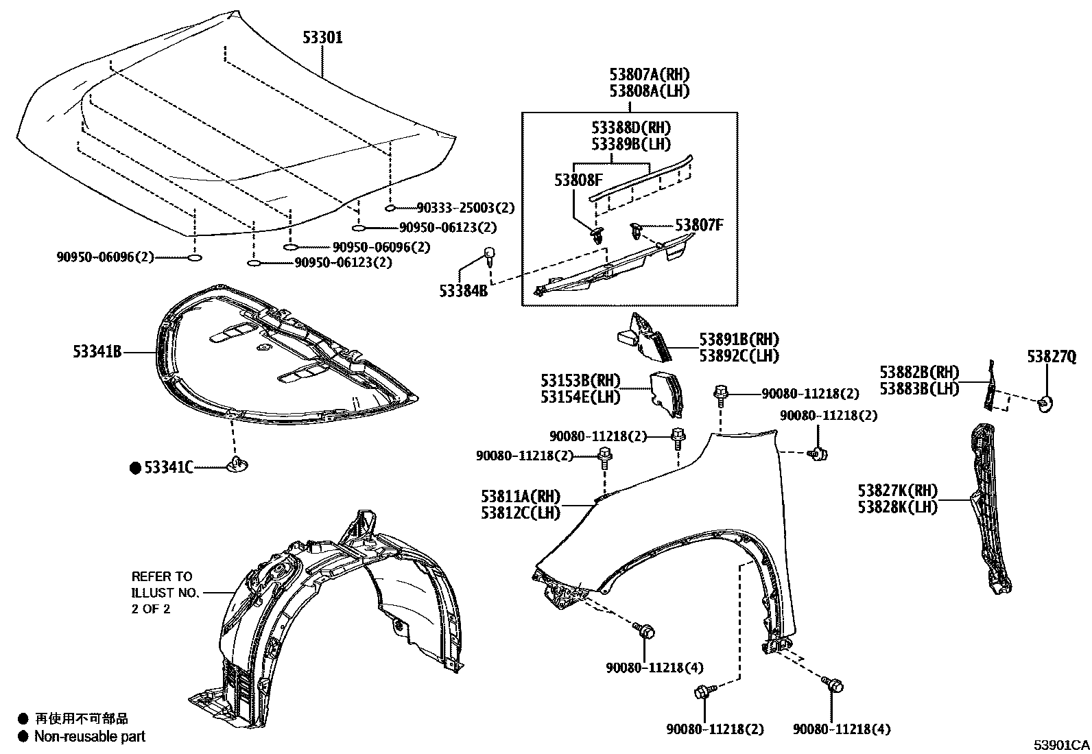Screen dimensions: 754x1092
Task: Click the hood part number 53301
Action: (322, 38)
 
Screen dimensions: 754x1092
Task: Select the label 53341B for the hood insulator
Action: (97, 352)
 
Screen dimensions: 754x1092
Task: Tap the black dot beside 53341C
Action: (135, 468)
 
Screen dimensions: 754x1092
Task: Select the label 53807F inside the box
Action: (699, 224)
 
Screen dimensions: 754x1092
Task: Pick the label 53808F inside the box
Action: (578, 180)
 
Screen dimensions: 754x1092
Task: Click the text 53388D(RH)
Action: (631, 128)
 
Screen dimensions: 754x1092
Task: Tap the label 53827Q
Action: (1051, 356)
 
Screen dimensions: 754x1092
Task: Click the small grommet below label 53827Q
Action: (1045, 404)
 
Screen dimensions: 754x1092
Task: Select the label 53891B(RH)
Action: (739, 339)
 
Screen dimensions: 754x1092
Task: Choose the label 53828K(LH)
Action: (897, 507)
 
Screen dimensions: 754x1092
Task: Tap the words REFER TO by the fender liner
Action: (162, 576)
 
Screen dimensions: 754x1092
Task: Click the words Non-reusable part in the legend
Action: (90, 737)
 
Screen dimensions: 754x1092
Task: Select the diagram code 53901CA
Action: (1062, 745)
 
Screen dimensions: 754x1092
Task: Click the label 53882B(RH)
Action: (919, 372)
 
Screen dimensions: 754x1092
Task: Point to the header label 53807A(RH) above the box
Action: (649, 74)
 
